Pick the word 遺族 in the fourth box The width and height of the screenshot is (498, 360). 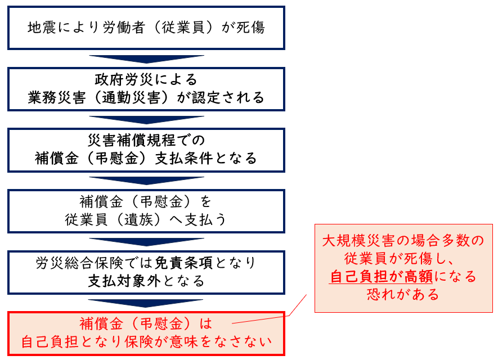[x=139, y=219]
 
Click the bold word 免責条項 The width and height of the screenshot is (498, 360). [x=184, y=263]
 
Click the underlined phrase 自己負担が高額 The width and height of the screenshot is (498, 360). [x=381, y=277]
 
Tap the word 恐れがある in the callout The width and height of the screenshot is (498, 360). [x=403, y=294]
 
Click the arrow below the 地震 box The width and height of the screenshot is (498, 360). [x=146, y=58]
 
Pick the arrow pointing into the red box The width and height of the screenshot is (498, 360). [x=146, y=303]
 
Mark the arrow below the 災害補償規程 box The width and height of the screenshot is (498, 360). [x=146, y=181]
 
